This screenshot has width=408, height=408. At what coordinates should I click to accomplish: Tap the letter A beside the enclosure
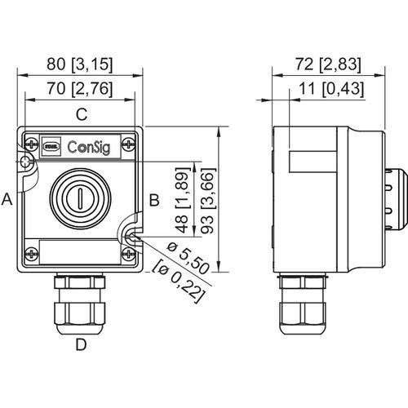pyautogui.click(x=7, y=198)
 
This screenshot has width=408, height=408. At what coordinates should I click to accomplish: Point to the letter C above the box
pyautogui.click(x=81, y=115)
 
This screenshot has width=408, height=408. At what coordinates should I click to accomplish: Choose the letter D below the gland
pyautogui.click(x=81, y=344)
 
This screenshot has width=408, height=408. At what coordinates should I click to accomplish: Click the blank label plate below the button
pyautogui.click(x=80, y=250)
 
